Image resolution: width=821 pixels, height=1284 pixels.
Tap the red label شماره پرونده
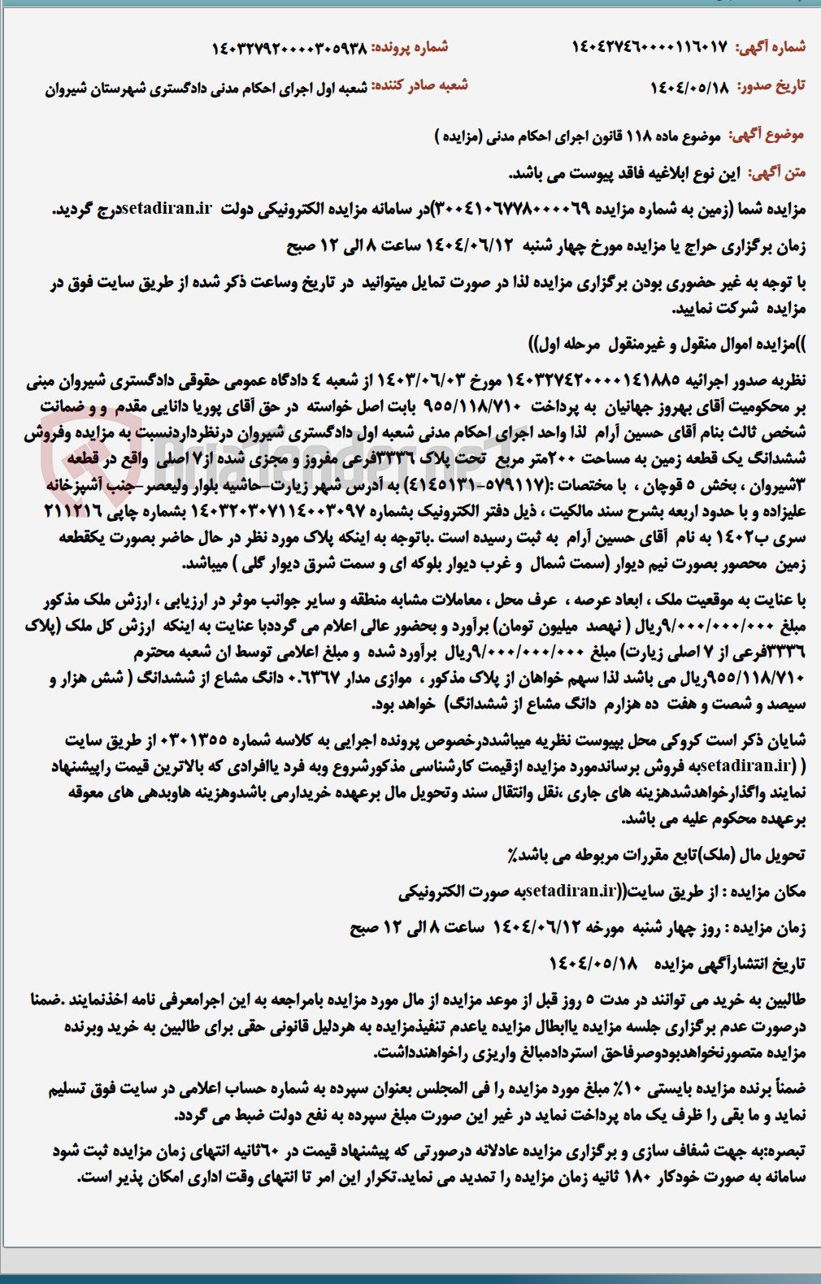point(410,47)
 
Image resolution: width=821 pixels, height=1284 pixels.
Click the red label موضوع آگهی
point(767,135)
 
